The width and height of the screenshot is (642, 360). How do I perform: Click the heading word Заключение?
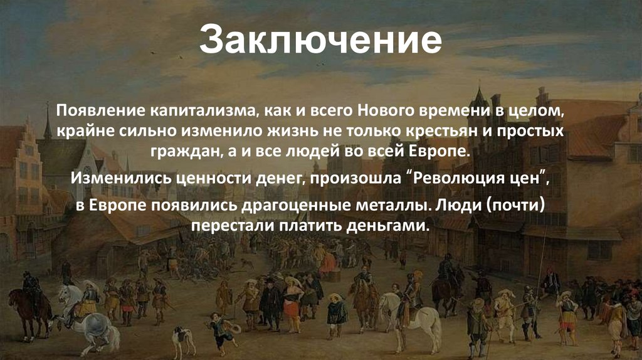(x=321, y=41)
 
